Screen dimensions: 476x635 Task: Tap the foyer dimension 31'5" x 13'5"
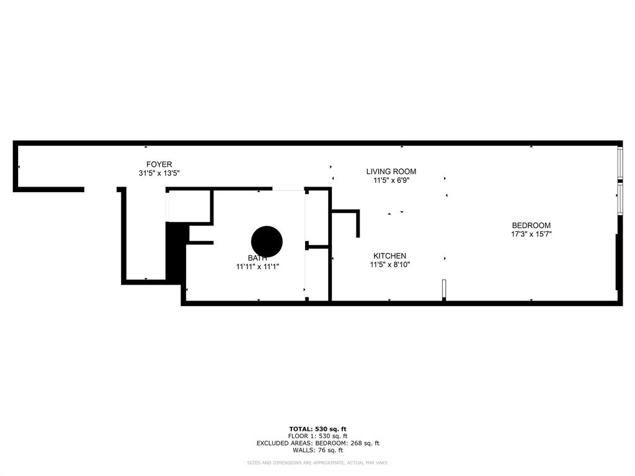coord(159,174)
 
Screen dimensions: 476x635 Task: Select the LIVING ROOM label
coord(391,172)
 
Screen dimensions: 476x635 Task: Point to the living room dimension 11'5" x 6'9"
coord(391,181)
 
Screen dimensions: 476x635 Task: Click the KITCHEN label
coord(389,256)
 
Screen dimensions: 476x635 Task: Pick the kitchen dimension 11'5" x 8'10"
coord(390,265)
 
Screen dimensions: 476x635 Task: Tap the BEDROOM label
coord(531,226)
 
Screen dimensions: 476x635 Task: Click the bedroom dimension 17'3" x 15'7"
coord(531,234)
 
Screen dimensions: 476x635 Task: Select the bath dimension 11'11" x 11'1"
coord(257,267)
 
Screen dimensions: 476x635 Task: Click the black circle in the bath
coord(267,241)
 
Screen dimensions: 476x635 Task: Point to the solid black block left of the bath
coord(177,251)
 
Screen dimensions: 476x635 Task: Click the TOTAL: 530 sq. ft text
coord(317,429)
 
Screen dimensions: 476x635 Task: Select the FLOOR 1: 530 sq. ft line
coord(317,436)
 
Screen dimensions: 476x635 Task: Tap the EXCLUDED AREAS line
coord(317,443)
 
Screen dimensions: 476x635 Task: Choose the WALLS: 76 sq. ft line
coord(317,451)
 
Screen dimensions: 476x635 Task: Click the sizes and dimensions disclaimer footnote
coord(317,463)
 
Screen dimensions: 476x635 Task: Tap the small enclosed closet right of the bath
coord(317,275)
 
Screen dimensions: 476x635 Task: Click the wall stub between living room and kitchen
coord(358,224)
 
